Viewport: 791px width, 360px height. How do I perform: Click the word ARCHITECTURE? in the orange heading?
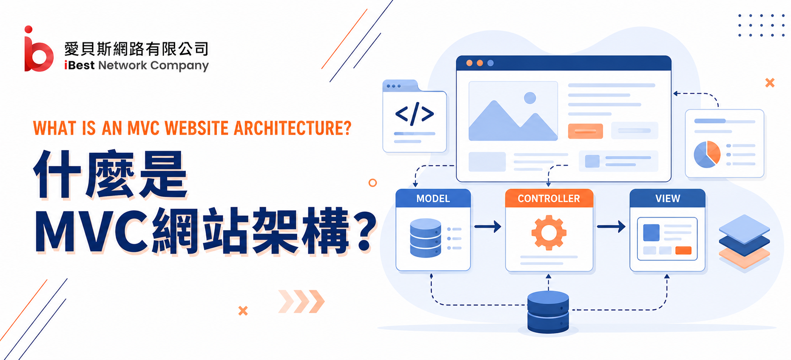[x=293, y=128]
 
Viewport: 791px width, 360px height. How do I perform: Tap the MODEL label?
[x=433, y=199]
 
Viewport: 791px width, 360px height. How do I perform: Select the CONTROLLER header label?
[x=549, y=199]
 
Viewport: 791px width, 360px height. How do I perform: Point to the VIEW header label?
[x=668, y=199]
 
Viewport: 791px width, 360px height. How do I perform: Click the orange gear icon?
[x=549, y=232]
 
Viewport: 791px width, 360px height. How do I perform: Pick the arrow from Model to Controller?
[x=488, y=226]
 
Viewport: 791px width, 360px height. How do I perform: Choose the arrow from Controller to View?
[x=611, y=226]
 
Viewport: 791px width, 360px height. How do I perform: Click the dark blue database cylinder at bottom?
[x=548, y=312]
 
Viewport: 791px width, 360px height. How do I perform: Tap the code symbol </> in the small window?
[x=415, y=114]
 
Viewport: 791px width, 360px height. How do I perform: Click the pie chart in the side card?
[x=707, y=154]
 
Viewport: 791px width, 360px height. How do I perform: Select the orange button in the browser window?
[x=586, y=131]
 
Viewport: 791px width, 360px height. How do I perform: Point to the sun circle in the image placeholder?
[x=530, y=98]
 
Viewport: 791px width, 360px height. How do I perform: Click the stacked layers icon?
[x=744, y=242]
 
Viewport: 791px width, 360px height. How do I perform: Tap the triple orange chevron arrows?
[x=302, y=301]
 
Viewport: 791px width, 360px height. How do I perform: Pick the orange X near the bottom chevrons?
[x=243, y=311]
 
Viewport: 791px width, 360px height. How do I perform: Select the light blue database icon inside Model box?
[x=426, y=238]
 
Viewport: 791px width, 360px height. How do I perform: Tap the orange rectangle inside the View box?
[x=683, y=250]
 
